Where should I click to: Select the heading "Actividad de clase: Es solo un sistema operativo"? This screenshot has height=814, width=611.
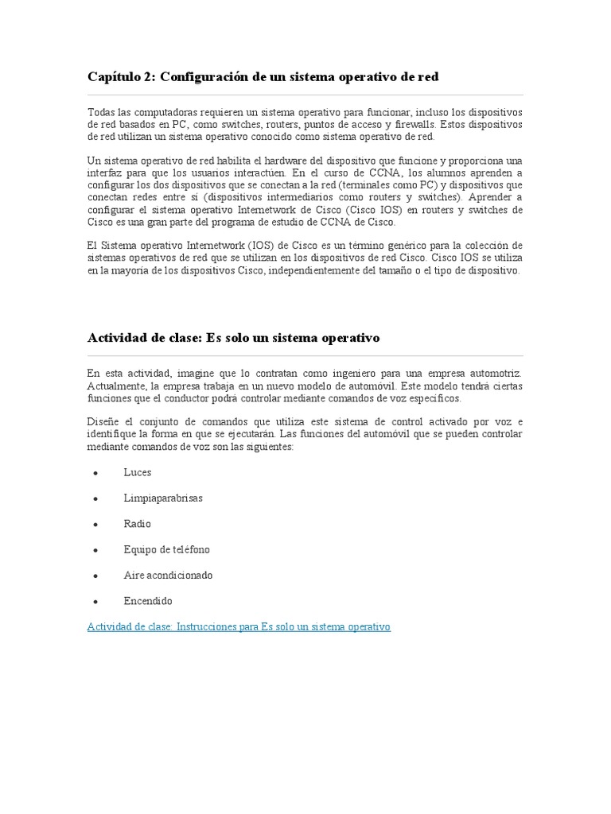click(233, 337)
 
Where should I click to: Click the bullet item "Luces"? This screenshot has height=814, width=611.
click(138, 472)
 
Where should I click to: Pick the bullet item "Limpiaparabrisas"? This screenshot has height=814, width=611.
click(163, 498)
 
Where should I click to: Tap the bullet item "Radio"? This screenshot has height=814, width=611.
click(138, 524)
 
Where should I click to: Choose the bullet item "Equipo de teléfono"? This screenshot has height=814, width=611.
click(167, 549)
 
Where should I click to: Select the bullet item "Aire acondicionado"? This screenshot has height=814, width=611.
click(169, 575)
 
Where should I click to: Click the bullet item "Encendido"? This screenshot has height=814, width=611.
click(148, 601)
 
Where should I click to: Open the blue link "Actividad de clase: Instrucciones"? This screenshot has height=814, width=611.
click(239, 626)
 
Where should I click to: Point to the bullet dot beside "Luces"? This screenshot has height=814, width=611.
click(95, 473)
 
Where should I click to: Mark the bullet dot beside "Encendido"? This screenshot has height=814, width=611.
click(95, 602)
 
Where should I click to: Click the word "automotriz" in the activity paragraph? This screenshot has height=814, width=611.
click(496, 373)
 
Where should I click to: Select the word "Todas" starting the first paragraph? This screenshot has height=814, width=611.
click(100, 112)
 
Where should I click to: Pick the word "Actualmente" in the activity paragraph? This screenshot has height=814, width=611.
click(115, 386)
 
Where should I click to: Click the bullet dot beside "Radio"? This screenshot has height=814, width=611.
click(95, 525)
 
